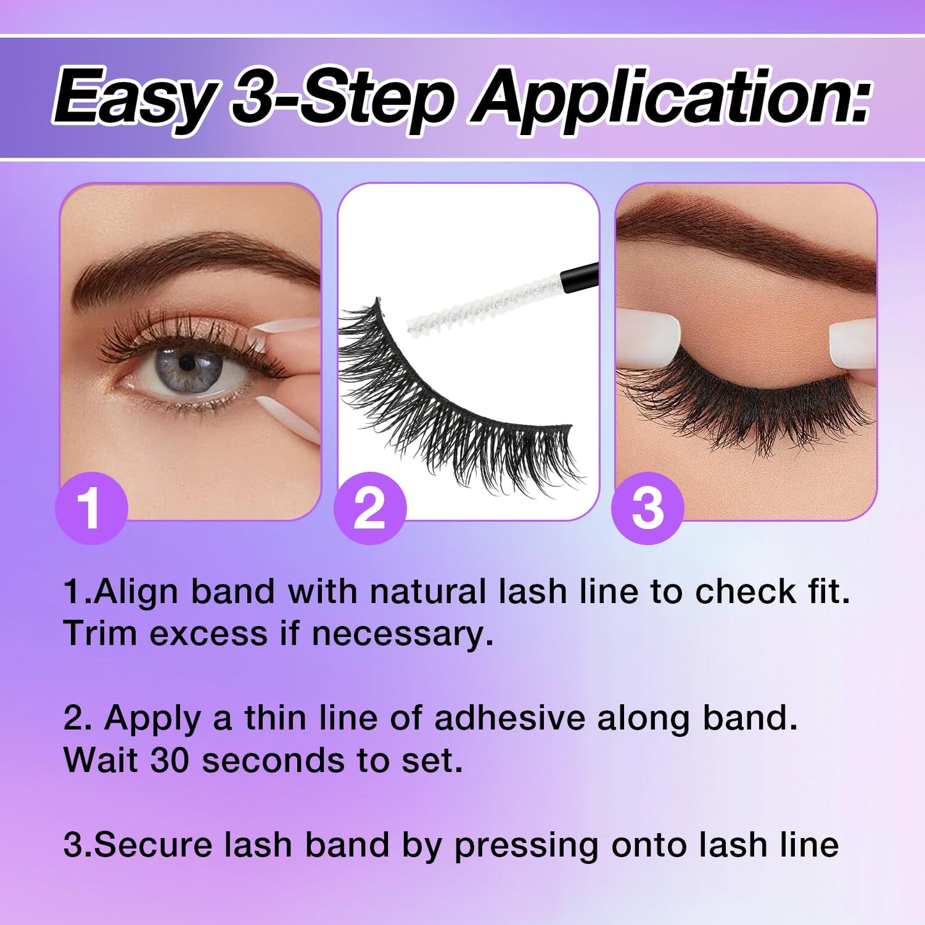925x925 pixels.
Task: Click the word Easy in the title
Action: pyautogui.click(x=134, y=98)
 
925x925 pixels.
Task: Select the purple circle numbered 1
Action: pyautogui.click(x=92, y=508)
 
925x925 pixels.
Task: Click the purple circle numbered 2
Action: pyautogui.click(x=370, y=508)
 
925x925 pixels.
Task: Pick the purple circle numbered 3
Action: pyautogui.click(x=648, y=508)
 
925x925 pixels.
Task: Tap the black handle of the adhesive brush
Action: pyautogui.click(x=580, y=276)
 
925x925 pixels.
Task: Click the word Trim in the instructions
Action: pyautogui.click(x=101, y=634)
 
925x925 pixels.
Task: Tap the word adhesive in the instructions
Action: pyautogui.click(x=510, y=718)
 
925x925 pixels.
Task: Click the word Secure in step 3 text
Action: pyautogui.click(x=153, y=845)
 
